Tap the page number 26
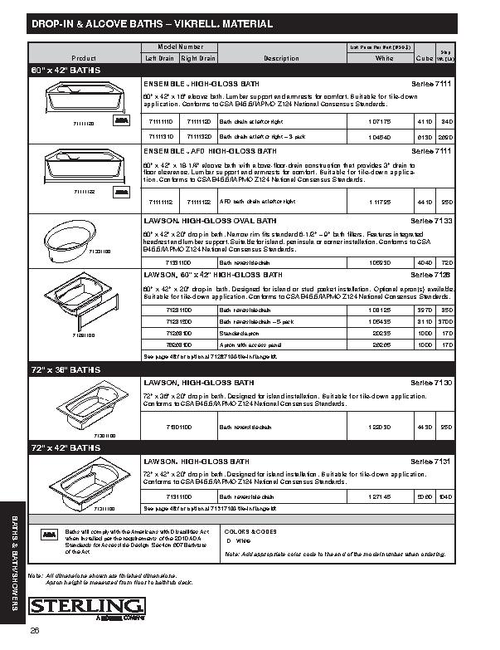click(x=36, y=632)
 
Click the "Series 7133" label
click(x=430, y=222)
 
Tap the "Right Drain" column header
click(x=198, y=58)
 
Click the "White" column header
click(x=384, y=58)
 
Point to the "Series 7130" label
click(x=430, y=382)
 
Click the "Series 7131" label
click(x=430, y=461)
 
